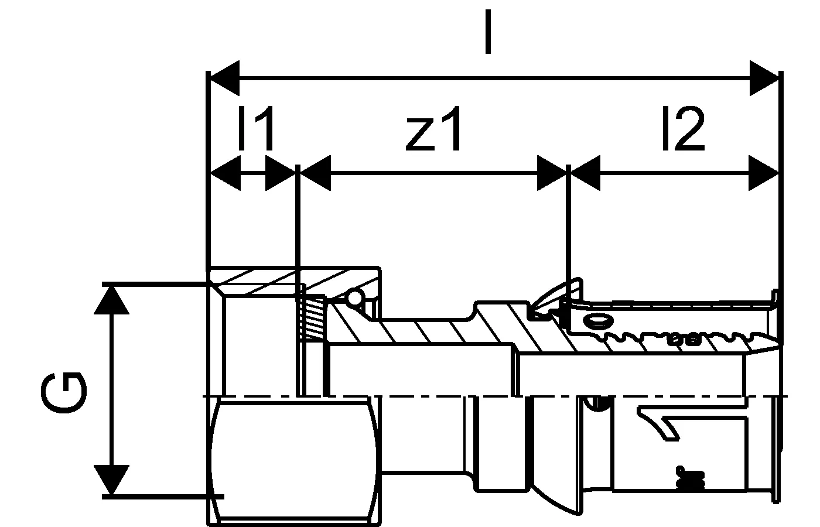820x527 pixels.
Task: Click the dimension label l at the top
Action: click(x=487, y=32)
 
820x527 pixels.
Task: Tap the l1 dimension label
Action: click(x=256, y=128)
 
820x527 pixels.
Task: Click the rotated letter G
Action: click(x=64, y=393)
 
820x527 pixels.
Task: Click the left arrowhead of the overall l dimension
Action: click(x=224, y=78)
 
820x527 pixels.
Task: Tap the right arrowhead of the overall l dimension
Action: click(x=764, y=78)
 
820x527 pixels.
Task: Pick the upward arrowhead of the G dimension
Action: click(x=111, y=300)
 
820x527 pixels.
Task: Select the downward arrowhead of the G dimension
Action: click(x=111, y=480)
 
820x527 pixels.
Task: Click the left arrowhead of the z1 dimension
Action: click(x=315, y=173)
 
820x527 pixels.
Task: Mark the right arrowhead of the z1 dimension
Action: click(x=552, y=173)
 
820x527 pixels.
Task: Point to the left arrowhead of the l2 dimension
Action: click(x=585, y=173)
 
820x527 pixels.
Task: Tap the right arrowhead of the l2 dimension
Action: click(x=764, y=173)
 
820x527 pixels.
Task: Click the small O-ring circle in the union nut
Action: click(x=355, y=297)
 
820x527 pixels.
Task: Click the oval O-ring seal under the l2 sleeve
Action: click(x=599, y=321)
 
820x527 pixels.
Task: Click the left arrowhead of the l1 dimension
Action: click(x=225, y=173)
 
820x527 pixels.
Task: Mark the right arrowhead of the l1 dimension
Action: click(x=281, y=173)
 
